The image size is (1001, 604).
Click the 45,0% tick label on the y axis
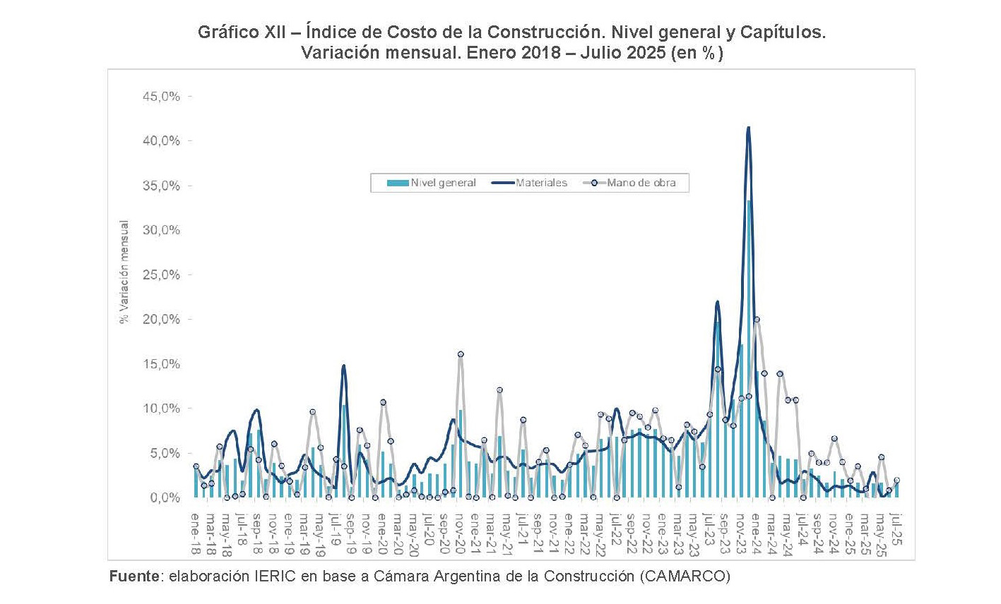click(x=161, y=97)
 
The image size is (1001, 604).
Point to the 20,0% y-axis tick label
click(x=161, y=320)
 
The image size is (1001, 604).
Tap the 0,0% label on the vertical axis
click(x=164, y=498)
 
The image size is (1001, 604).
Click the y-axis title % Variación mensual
click(x=125, y=272)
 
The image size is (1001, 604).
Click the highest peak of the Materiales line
click(x=748, y=128)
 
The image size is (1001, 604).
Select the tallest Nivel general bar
click(x=749, y=349)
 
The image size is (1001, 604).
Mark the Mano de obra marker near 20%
click(x=757, y=320)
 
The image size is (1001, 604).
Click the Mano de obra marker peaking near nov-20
click(x=461, y=354)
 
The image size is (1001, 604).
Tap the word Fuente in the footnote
click(x=134, y=576)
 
